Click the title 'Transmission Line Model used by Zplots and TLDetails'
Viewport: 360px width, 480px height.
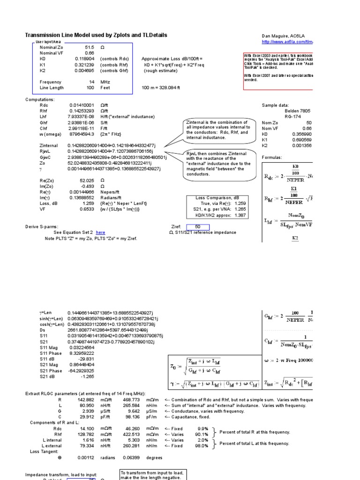tap(96, 36)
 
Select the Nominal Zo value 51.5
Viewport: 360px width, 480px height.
tap(90, 47)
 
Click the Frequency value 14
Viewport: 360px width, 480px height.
tap(92, 82)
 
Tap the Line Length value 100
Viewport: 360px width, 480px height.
tap(90, 88)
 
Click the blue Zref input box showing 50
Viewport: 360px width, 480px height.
tap(197, 227)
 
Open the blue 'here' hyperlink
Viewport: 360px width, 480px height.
tap(100, 232)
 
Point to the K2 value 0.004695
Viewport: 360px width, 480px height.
tap(85, 70)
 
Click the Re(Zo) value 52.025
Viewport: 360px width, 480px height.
tap(88, 180)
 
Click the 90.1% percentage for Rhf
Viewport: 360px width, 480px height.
tap(202, 434)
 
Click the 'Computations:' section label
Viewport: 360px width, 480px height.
tap(40, 99)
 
